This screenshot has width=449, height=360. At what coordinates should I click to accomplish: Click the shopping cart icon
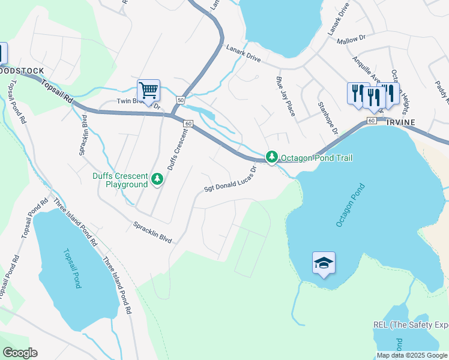pyautogui.click(x=148, y=91)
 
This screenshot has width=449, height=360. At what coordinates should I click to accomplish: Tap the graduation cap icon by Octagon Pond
pyautogui.click(x=324, y=263)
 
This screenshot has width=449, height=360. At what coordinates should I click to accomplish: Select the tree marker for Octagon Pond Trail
pyautogui.click(x=272, y=157)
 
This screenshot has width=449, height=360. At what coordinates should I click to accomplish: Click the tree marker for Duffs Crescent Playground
pyautogui.click(x=157, y=178)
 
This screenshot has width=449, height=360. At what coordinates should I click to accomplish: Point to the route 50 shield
pyautogui.click(x=180, y=100)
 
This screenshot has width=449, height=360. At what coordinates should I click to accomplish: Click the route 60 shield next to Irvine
pyautogui.click(x=372, y=121)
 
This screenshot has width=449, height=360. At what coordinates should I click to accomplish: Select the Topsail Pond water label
pyautogui.click(x=71, y=268)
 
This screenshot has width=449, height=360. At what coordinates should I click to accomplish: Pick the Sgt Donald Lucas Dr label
pyautogui.click(x=231, y=179)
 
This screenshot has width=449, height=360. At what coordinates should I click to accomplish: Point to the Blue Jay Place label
pyautogui.click(x=285, y=96)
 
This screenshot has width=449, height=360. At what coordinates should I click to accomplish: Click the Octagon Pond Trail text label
pyautogui.click(x=317, y=158)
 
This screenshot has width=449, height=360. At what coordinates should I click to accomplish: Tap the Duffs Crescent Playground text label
pyautogui.click(x=119, y=180)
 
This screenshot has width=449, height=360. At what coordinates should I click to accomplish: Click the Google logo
pyautogui.click(x=20, y=353)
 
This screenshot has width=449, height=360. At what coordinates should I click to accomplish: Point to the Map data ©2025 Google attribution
pyautogui.click(x=412, y=355)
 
